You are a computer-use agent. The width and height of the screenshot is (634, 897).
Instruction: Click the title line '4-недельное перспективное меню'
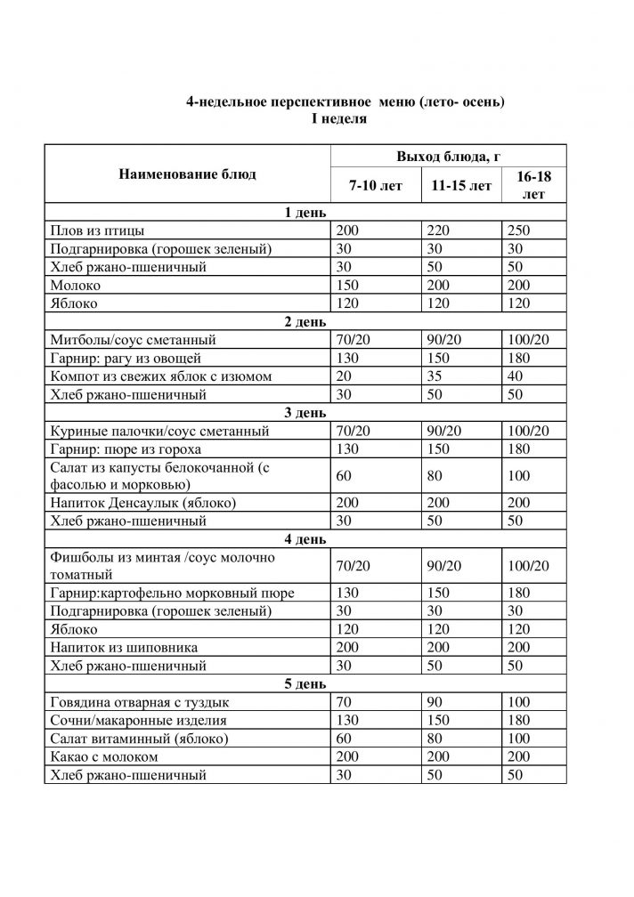point(345,102)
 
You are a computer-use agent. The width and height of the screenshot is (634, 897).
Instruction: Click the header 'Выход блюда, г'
point(448,157)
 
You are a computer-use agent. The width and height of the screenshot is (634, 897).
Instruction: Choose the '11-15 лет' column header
point(460,186)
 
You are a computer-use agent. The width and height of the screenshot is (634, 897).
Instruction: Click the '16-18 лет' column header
point(532,186)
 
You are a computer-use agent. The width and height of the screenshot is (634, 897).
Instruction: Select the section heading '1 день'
point(305,213)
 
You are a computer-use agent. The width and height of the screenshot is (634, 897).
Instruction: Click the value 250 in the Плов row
point(517,230)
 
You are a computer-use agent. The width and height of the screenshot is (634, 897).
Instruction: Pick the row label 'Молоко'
point(77,285)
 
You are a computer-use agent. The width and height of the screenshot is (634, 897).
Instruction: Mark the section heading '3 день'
point(305,413)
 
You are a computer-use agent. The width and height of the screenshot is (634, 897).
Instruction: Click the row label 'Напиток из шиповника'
point(125,647)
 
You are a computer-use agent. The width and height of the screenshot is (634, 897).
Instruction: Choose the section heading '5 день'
point(305,683)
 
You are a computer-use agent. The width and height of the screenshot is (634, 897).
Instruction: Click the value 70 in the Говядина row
point(345,702)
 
